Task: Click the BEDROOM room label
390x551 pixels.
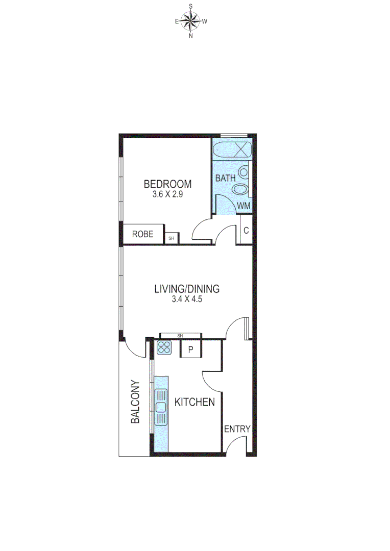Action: coord(167,184)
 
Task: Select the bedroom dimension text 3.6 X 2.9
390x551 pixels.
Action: coord(167,194)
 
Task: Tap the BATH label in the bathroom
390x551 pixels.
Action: coord(225,179)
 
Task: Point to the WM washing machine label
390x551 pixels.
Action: coord(243,206)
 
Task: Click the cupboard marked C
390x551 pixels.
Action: coord(246,230)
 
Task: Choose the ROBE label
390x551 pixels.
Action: coord(143,235)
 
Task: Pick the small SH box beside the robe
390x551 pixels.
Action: coord(171,238)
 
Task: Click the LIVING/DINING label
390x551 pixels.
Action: coord(187,289)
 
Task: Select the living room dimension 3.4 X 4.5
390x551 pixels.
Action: coord(187,299)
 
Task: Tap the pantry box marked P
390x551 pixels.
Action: coord(191,349)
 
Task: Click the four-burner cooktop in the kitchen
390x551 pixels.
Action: coord(164,348)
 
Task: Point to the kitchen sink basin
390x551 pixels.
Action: coord(161,407)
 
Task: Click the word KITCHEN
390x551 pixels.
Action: coord(194,402)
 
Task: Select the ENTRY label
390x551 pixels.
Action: coord(237,429)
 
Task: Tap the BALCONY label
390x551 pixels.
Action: coord(135,402)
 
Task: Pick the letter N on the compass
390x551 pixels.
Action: coord(191,36)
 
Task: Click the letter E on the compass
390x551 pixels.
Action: coord(177,21)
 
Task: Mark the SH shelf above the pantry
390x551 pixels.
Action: coord(180,335)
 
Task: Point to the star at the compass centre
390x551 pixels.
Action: coord(191,21)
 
